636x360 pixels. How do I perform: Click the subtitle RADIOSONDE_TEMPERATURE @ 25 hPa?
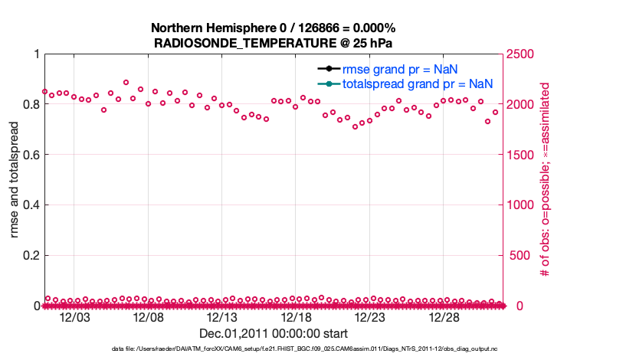[274, 43]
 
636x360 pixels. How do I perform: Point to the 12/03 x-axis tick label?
[76, 317]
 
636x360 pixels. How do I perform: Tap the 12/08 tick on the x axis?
[149, 317]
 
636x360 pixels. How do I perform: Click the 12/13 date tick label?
[223, 317]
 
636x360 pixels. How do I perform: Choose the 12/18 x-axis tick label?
[297, 317]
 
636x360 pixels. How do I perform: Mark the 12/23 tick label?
[370, 317]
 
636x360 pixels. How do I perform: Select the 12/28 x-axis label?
[444, 317]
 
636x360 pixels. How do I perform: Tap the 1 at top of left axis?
[36, 54]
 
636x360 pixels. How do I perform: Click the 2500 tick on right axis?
[523, 54]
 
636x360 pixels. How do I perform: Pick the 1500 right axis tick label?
[523, 155]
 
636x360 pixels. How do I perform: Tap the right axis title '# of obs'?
[546, 180]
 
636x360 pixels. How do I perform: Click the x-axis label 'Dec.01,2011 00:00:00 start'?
[274, 333]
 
